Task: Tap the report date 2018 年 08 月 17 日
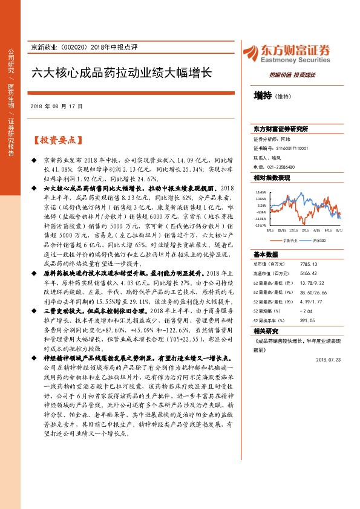coord(55,106)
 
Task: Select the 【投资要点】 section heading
coord(56,140)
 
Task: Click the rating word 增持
coord(262,96)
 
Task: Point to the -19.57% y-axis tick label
coord(261,225)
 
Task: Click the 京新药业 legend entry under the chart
coord(291,240)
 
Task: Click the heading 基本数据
coord(266,254)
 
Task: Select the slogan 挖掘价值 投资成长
coord(292,75)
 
